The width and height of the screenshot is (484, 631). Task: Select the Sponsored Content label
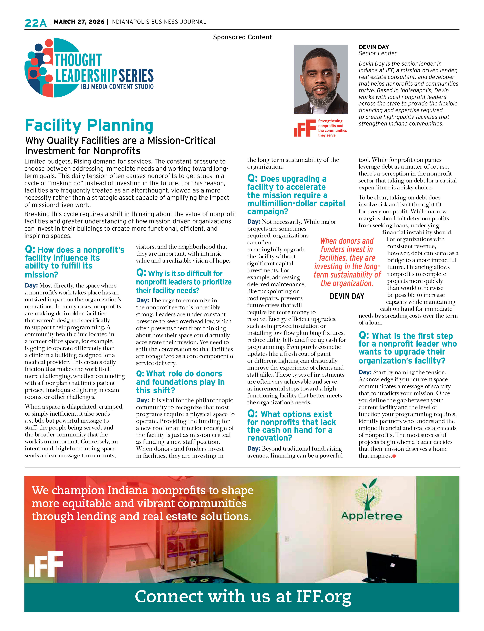coord(242,37)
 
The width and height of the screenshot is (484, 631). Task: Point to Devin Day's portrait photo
coord(321,79)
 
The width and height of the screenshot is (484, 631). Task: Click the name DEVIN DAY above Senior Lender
coord(374,47)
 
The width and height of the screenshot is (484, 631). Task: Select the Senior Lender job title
coord(377,53)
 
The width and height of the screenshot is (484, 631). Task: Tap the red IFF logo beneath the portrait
coord(304,128)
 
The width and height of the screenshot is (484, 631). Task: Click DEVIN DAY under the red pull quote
coord(347,296)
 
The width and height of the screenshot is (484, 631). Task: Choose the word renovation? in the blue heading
coord(270,438)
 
